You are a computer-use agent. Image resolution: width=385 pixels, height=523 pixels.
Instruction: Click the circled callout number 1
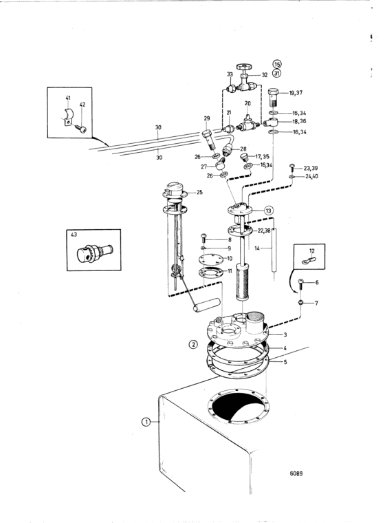(145, 422)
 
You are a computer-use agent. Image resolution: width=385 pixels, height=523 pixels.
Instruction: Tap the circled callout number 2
(193, 344)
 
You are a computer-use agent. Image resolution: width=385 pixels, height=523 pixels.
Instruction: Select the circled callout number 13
(269, 211)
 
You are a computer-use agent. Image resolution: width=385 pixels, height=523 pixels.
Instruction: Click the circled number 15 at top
(276, 64)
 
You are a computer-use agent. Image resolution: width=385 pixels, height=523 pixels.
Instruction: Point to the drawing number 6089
(296, 473)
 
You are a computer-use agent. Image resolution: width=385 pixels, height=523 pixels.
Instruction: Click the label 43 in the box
(74, 235)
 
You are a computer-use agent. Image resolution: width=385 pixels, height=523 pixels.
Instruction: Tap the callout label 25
(199, 192)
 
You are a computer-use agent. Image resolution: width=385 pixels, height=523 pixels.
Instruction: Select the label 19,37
(296, 92)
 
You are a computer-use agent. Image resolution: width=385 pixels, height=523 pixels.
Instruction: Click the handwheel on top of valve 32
(243, 66)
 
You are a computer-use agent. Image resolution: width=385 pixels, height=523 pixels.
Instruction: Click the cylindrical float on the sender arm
(207, 305)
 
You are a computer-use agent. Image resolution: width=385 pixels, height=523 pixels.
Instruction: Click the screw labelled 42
(81, 128)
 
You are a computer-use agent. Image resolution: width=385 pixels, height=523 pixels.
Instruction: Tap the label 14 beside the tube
(257, 248)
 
